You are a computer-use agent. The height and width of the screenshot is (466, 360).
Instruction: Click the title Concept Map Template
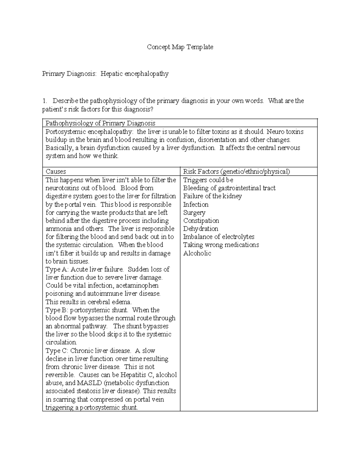[x=180, y=47]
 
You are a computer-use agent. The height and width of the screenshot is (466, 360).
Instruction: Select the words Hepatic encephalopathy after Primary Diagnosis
[x=134, y=74]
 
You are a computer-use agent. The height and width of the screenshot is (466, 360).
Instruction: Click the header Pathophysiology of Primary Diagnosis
[x=100, y=123]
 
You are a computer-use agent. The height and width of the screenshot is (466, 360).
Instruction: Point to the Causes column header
[x=55, y=172]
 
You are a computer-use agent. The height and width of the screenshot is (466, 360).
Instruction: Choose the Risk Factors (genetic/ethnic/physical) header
[x=236, y=172]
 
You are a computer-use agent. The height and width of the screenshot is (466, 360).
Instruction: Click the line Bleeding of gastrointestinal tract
[x=229, y=188]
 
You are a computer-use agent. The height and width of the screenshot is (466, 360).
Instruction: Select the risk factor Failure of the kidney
[x=212, y=196]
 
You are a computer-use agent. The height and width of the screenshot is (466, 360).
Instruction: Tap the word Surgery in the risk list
[x=194, y=213]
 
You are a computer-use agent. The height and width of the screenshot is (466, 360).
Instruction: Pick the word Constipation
[x=201, y=221]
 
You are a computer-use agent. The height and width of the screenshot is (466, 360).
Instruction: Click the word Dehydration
[x=200, y=229]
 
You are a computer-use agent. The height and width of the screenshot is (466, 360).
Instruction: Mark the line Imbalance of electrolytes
[x=219, y=237]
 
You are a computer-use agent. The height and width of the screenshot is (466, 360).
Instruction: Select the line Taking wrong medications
[x=221, y=245]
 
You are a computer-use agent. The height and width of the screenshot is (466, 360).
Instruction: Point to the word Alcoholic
[x=197, y=253]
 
